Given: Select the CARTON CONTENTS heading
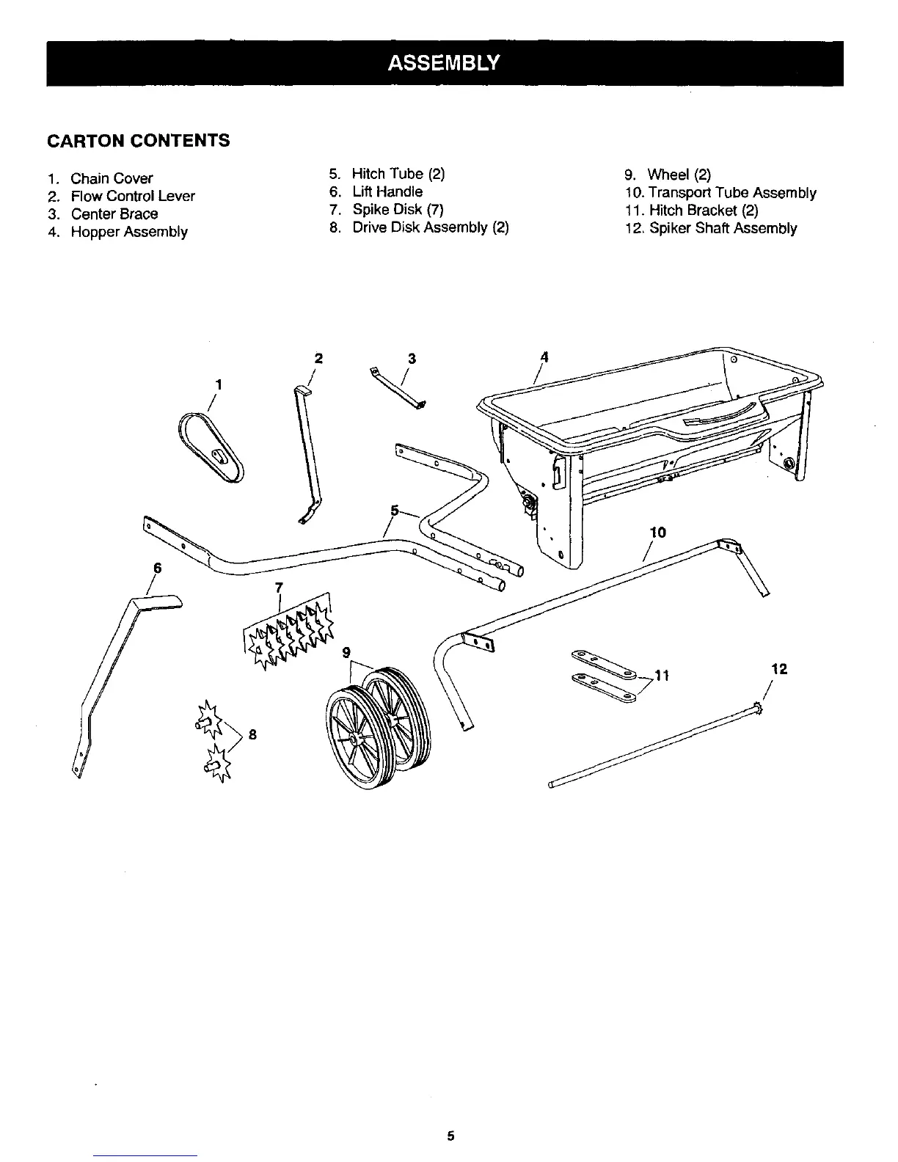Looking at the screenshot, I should tap(139, 140).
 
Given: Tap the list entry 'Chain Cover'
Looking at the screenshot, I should tap(112, 178).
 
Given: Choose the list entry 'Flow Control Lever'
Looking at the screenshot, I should tap(133, 196).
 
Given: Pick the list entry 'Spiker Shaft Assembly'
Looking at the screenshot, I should tap(723, 228).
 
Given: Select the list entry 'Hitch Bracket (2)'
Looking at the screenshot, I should tap(704, 211).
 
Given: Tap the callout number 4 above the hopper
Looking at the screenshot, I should tap(544, 357).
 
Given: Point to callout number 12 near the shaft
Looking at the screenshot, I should tap(779, 669).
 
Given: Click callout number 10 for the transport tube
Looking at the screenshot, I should tap(657, 532).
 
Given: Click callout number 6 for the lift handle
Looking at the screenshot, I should tap(156, 568).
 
